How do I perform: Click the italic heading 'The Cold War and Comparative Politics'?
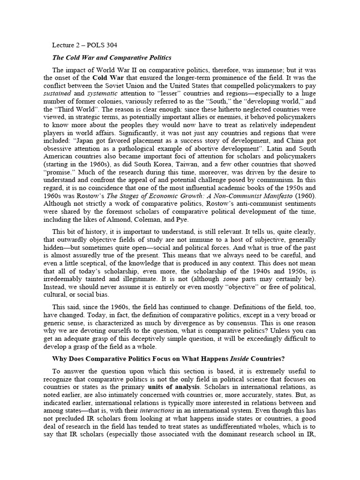pos(112,58)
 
